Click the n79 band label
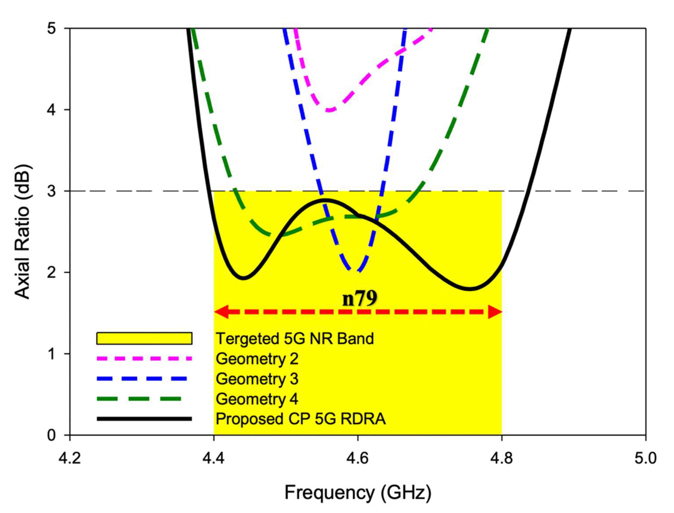click(360, 298)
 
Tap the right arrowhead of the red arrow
click(495, 312)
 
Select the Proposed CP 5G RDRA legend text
click(301, 419)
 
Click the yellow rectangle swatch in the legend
click(144, 338)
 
